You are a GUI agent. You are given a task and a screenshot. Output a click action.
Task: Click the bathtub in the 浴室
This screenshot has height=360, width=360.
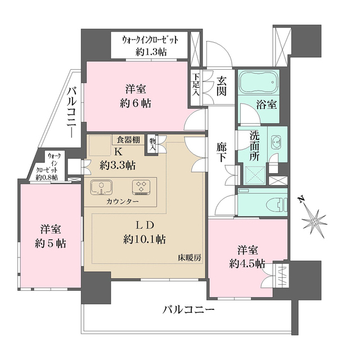point(259,84)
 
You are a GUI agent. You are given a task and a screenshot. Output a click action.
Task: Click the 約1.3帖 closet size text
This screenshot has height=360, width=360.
point(151,52)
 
